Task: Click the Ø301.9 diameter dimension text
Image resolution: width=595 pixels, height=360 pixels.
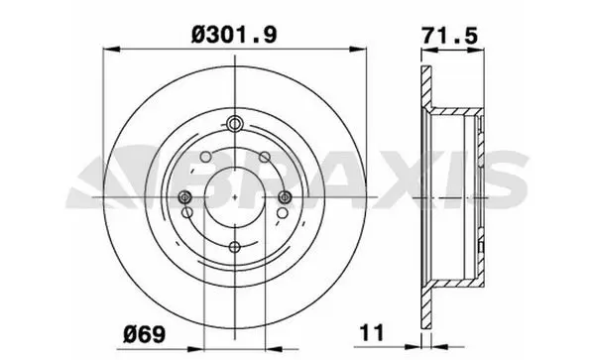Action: [x=234, y=35]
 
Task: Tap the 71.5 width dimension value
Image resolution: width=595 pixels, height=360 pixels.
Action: [x=450, y=36]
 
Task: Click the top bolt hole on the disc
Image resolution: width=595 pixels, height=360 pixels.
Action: [x=234, y=123]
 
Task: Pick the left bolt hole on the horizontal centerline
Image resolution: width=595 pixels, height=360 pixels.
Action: [x=185, y=196]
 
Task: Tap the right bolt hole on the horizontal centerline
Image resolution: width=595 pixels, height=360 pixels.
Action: [x=285, y=196]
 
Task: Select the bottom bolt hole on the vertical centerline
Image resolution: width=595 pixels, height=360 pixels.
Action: [x=235, y=247]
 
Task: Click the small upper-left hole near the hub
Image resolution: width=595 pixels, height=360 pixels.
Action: [x=205, y=157]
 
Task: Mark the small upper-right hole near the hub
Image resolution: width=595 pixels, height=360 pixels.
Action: [x=265, y=157]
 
